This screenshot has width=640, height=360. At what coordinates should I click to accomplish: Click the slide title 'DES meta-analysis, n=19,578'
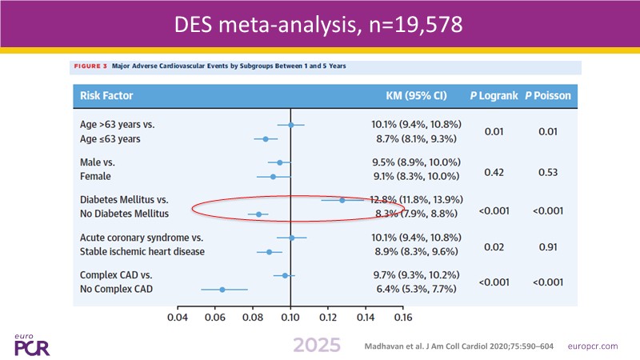[320, 26]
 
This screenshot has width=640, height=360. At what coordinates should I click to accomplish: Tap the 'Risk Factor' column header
[106, 97]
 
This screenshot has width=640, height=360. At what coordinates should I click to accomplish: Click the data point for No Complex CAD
[222, 289]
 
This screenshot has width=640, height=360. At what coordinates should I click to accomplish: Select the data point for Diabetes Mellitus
[342, 200]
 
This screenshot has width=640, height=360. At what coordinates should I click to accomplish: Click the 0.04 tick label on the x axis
[177, 316]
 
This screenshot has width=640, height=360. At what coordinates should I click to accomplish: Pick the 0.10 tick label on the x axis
[290, 316]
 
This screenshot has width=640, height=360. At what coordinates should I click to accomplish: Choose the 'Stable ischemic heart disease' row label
[142, 251]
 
